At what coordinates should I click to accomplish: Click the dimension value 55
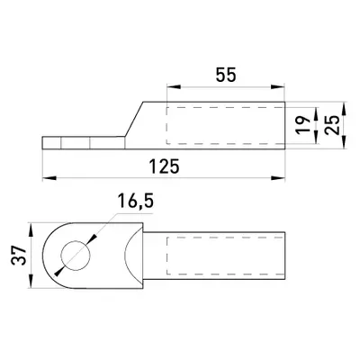coord(226,75)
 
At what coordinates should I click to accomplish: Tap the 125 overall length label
coord(165,166)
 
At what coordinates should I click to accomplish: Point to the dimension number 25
coord(332,125)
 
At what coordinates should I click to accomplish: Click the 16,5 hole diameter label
coord(136,201)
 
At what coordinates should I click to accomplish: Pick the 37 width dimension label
coord(18,256)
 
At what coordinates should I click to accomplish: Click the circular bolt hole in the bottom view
coord(76,256)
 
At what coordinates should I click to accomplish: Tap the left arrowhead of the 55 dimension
coord(174,87)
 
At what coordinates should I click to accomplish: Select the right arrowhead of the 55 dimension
coord(277,87)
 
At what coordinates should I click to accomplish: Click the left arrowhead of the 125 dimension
coord(49,178)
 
